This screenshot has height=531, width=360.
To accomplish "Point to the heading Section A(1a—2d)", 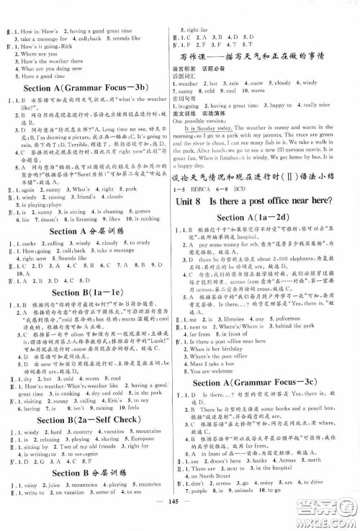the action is [x=269, y=216].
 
